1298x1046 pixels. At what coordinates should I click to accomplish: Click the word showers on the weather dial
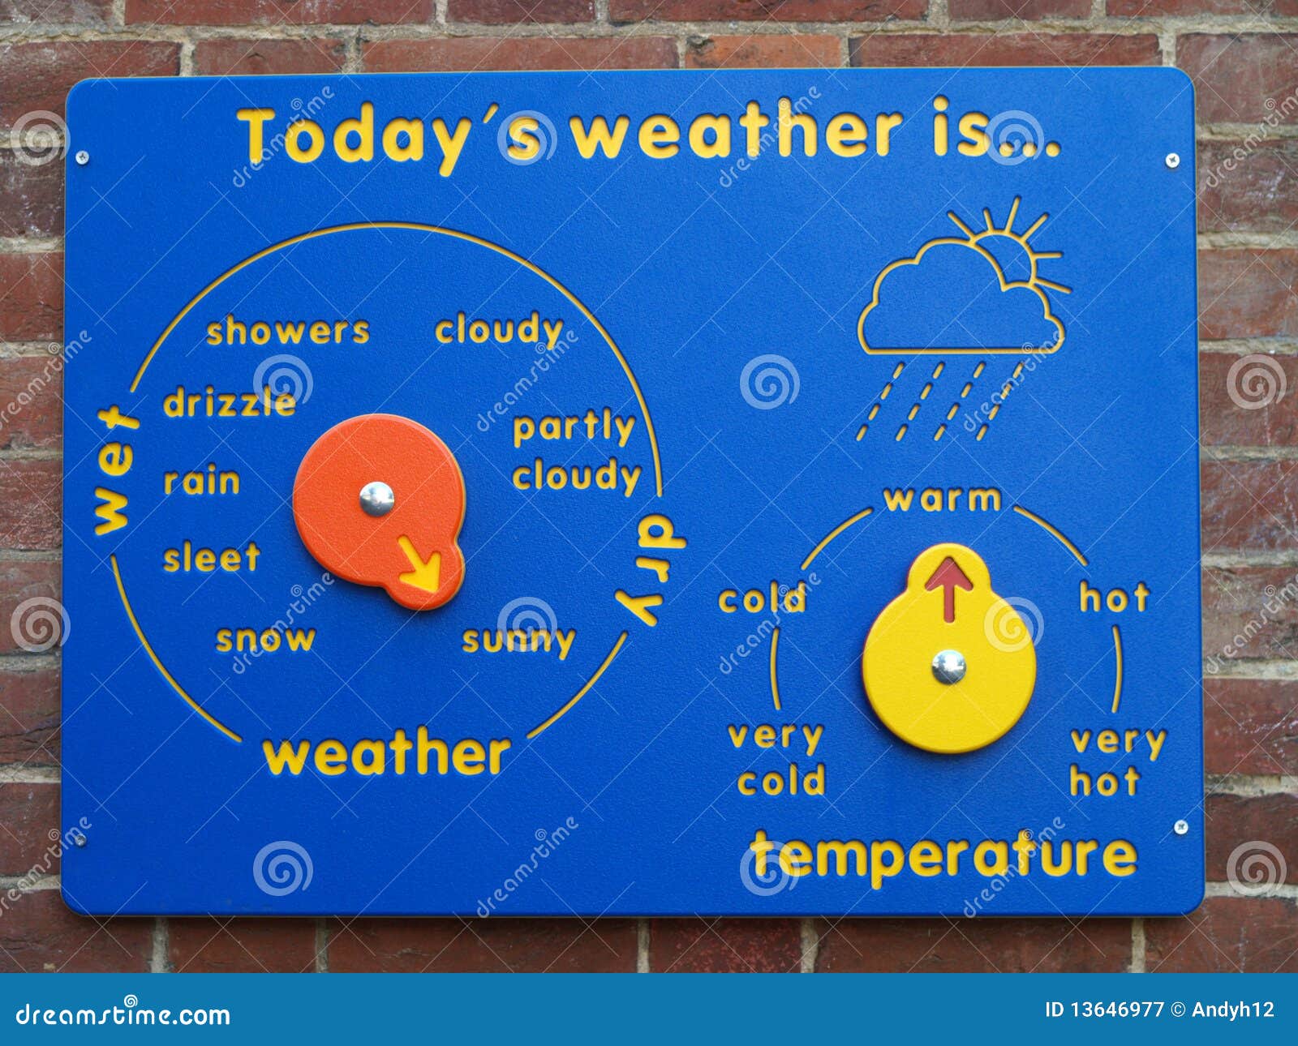point(288,331)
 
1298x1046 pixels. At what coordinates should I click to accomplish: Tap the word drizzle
point(230,402)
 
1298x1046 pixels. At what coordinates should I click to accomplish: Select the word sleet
point(212,558)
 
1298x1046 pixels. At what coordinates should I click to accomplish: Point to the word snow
point(265,639)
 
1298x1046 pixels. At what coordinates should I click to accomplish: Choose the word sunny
point(518,641)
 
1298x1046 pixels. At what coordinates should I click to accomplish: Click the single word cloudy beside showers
point(499,330)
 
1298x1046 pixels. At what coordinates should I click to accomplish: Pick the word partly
point(574,427)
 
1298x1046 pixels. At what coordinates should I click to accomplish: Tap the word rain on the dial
point(202,482)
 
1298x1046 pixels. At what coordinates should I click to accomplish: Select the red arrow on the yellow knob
point(948,585)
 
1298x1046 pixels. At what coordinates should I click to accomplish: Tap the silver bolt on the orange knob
point(376,498)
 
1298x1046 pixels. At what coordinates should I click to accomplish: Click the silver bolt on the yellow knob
point(948,666)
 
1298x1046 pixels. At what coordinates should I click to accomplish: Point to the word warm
point(942,499)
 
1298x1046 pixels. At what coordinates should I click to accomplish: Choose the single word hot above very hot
point(1115,598)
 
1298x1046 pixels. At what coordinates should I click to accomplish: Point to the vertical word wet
point(114,471)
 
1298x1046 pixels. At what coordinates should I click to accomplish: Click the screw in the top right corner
point(1172,161)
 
